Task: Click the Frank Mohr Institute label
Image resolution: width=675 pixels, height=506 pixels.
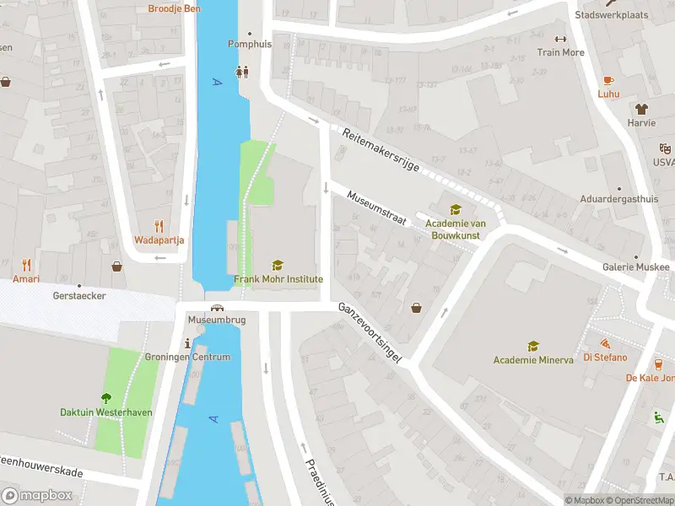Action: point(278,279)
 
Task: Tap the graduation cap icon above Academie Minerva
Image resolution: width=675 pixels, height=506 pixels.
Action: point(532,346)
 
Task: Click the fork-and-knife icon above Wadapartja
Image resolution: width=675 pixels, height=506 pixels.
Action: point(159,226)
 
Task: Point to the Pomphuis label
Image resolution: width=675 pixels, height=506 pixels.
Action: point(250,44)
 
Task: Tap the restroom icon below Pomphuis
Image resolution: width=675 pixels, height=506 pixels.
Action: point(243,72)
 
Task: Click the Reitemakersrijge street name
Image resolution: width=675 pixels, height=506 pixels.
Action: point(381,150)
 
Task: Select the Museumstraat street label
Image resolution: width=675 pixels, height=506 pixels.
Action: point(376,207)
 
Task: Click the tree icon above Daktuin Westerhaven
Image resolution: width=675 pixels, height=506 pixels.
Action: point(106,398)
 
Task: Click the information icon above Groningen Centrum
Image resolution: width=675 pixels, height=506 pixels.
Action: point(187,343)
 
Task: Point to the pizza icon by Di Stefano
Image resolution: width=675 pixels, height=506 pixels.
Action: point(605,344)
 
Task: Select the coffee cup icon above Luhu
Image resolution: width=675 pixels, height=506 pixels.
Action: point(608,79)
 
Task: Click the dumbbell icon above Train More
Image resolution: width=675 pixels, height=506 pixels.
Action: point(559,39)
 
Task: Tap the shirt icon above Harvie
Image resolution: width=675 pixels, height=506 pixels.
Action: point(641,109)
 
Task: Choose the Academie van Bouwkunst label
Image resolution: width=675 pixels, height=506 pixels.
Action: point(456,229)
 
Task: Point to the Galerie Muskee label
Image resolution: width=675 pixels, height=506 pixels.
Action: point(635,267)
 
